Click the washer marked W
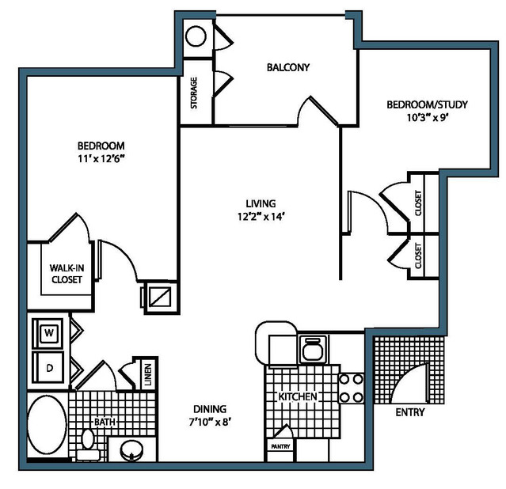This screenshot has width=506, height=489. (49, 332)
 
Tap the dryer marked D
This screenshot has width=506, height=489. (49, 367)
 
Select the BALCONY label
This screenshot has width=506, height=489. (288, 67)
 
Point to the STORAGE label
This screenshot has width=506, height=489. (194, 93)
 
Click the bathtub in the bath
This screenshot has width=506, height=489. (47, 424)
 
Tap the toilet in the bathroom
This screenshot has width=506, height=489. (88, 444)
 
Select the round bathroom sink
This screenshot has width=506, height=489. (131, 450)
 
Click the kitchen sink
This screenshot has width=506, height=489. (313, 349)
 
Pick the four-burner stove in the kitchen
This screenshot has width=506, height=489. (351, 389)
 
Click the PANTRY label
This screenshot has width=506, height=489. (280, 447)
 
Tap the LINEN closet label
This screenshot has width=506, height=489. (148, 374)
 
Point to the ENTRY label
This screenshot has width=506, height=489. (410, 412)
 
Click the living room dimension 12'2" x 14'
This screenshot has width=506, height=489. (261, 217)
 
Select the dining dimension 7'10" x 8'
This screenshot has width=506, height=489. (210, 422)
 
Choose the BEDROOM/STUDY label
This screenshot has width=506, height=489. (427, 104)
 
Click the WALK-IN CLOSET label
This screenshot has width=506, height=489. (67, 274)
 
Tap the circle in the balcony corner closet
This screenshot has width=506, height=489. (196, 36)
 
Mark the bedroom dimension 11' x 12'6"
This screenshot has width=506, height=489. (101, 158)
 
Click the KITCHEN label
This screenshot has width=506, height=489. (298, 396)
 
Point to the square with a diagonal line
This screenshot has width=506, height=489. (161, 297)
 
